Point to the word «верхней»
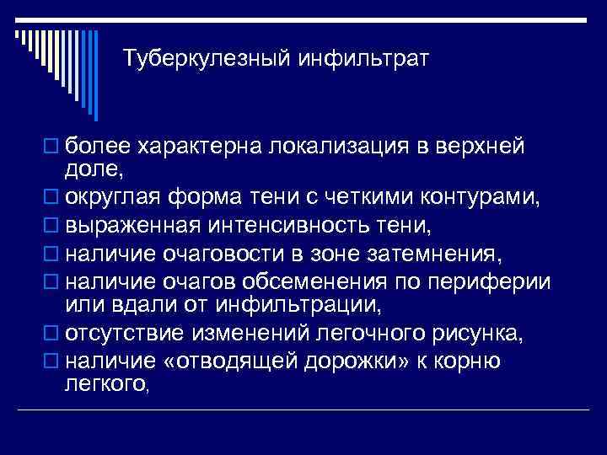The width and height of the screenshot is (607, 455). click(x=478, y=147)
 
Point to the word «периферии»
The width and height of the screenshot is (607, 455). click(x=492, y=280)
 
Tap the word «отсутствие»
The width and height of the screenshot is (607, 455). click(x=124, y=333)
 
